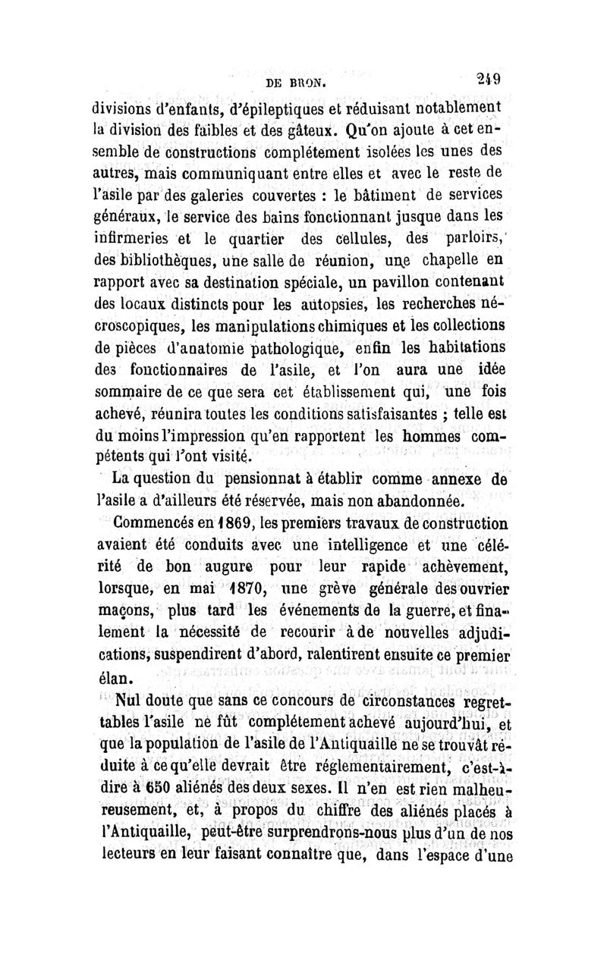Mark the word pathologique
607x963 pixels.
pos(291,350)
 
